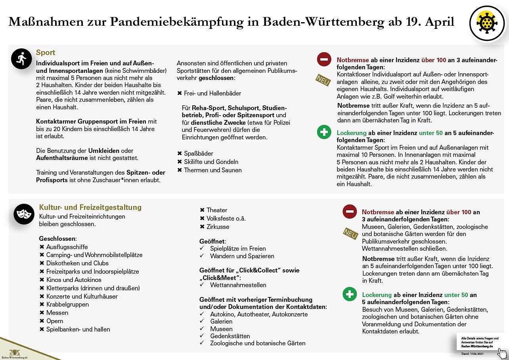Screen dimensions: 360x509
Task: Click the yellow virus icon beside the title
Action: pyautogui.click(x=487, y=24)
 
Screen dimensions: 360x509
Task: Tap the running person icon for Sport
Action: pyautogui.click(x=21, y=59)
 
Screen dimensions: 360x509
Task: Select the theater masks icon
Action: pyautogui.click(x=24, y=214)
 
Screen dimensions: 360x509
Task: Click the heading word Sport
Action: pyautogui.click(x=46, y=53)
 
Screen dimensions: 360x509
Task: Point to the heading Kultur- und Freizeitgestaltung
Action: pyautogui.click(x=90, y=208)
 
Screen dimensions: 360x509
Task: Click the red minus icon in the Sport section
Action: pyautogui.click(x=324, y=59)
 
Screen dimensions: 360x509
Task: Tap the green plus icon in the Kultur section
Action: pyautogui.click(x=349, y=295)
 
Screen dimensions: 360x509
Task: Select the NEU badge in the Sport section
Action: pyautogui.click(x=323, y=80)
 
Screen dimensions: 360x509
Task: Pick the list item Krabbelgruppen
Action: pyautogui.click(x=67, y=305)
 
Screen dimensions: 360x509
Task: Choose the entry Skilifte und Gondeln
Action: pyautogui.click(x=211, y=162)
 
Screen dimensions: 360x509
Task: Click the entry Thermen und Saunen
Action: pyautogui.click(x=212, y=170)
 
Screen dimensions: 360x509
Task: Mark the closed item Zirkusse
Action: pyautogui.click(x=218, y=227)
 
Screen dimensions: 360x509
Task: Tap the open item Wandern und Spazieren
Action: pyautogui.click(x=242, y=256)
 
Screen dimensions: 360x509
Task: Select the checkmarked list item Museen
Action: pyautogui.click(x=221, y=329)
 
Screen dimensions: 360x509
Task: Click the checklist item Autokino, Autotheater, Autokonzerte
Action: pyautogui.click(x=258, y=314)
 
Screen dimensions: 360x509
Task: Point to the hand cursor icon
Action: pyautogui.click(x=502, y=352)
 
